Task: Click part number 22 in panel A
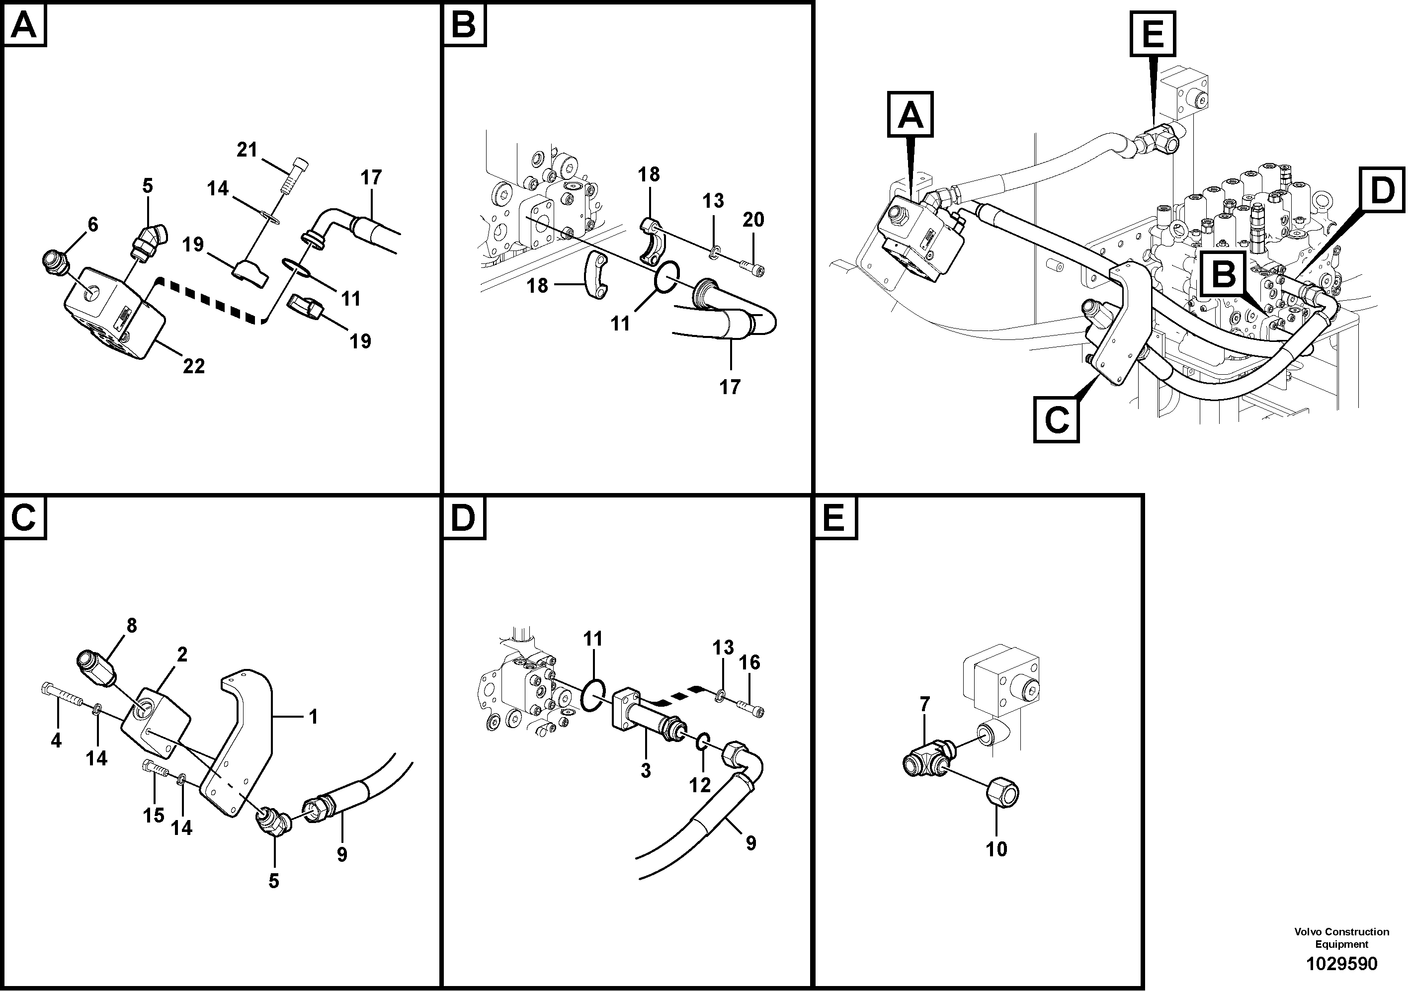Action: (x=193, y=366)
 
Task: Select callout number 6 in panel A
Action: (x=92, y=225)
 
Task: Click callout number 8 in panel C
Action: (x=131, y=625)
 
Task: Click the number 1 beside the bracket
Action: (x=313, y=716)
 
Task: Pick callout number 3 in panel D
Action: (x=646, y=771)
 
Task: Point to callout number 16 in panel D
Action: (x=750, y=662)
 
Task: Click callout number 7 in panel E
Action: (x=925, y=704)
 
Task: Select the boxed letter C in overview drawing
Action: (x=1056, y=420)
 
